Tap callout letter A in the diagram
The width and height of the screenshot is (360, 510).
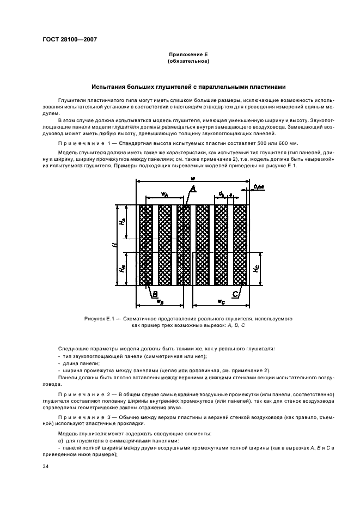192,189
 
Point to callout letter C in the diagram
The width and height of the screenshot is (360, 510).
235,294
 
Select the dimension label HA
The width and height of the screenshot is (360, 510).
124,222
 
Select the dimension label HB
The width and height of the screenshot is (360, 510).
124,269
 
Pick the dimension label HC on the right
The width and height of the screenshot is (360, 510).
257,269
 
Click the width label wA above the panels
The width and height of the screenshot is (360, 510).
164,194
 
